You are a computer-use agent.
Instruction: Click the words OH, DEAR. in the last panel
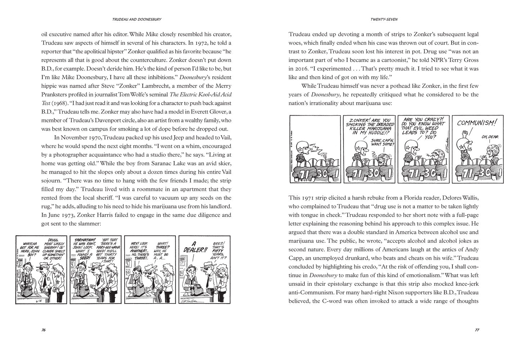click(489, 136)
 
